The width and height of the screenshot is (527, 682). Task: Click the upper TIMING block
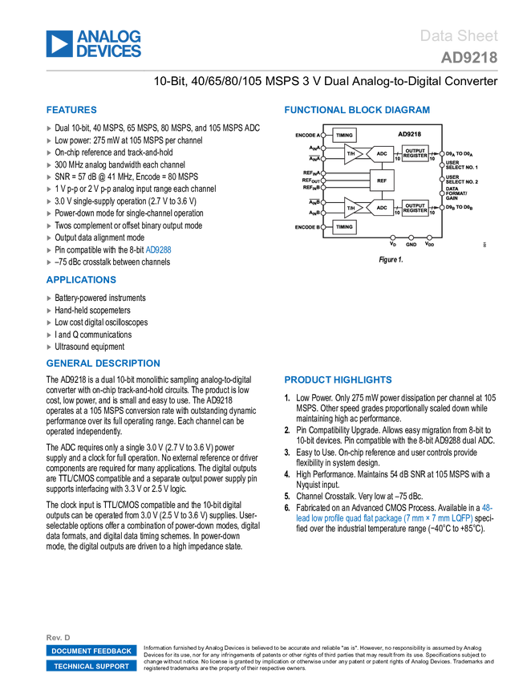coord(344,136)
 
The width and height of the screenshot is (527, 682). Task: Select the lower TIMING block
coord(344,227)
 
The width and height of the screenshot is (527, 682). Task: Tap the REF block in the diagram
coord(382,181)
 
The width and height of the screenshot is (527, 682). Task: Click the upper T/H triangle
coord(351,153)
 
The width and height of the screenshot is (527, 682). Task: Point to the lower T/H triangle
coord(351,208)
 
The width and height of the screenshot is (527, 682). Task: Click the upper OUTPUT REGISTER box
coord(416,152)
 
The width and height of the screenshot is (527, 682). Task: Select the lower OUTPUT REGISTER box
coord(416,208)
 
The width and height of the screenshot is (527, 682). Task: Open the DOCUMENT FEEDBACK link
coord(91,651)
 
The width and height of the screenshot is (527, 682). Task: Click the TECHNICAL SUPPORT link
coord(91,666)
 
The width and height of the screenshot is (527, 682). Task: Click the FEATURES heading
coord(72,111)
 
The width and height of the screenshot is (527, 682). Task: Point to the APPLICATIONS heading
coord(82,280)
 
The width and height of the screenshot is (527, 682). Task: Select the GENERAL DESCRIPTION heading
coord(103,363)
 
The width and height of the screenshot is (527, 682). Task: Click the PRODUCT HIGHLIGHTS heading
coord(338,380)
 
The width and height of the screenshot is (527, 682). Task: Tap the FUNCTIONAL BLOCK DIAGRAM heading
coord(357,110)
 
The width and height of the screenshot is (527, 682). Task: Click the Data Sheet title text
coord(460,36)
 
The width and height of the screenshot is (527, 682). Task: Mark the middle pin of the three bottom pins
coord(411,237)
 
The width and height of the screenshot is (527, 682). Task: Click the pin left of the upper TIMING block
coord(323,136)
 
